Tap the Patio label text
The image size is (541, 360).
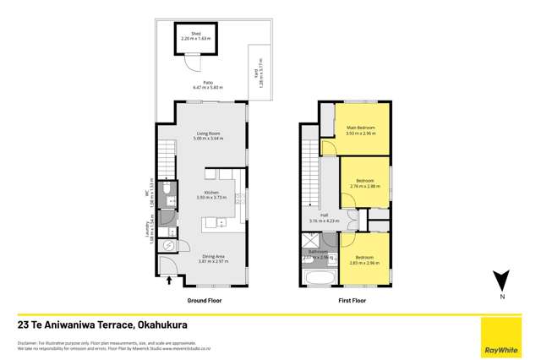pyautogui.click(x=207, y=83)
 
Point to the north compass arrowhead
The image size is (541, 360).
pyautogui.click(x=500, y=280)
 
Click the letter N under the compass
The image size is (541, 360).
pyautogui.click(x=500, y=297)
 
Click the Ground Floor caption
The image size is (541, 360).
pyautogui.click(x=205, y=300)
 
